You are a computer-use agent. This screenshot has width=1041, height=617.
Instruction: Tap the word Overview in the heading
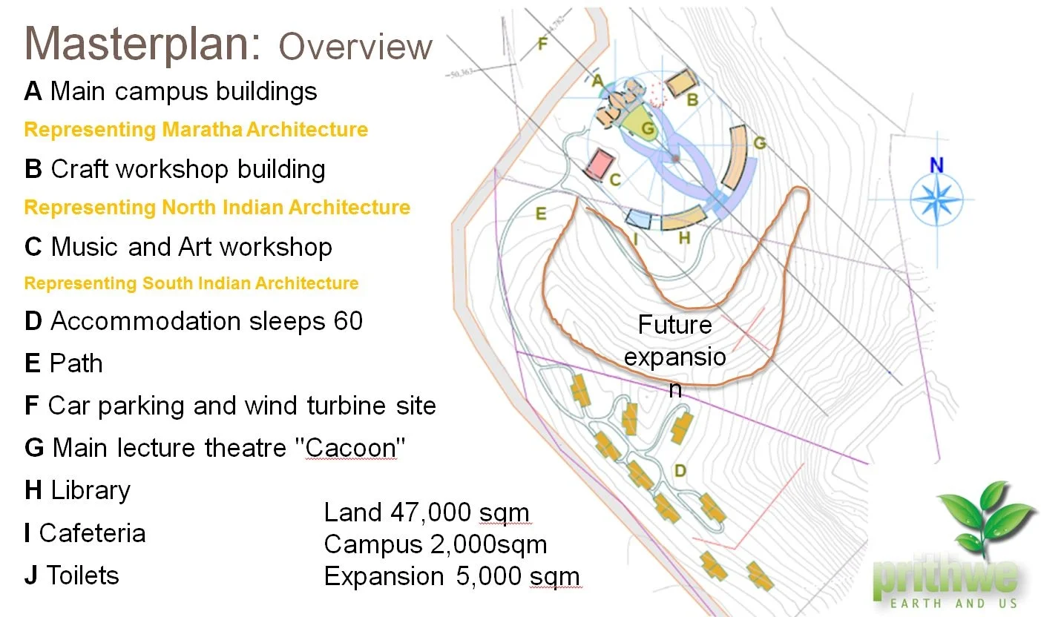(x=355, y=47)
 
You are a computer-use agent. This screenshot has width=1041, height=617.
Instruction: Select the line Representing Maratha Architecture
(x=196, y=130)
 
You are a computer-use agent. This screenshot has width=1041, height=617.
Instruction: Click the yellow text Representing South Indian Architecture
(x=191, y=283)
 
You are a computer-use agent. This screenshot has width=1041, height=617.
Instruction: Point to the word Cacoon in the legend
(x=350, y=448)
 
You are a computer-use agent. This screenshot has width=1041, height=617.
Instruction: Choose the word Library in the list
(x=91, y=490)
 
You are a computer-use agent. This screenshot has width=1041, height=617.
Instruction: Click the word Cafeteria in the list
(x=92, y=533)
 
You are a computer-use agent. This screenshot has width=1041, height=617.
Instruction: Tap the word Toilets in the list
(x=82, y=575)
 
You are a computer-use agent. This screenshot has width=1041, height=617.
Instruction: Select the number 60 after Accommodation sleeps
(x=347, y=321)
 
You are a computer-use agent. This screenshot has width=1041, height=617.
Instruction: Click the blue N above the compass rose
(x=936, y=165)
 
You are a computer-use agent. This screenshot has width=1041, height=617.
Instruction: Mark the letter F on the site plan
(x=542, y=44)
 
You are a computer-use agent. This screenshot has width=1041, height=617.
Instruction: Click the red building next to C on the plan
(x=601, y=165)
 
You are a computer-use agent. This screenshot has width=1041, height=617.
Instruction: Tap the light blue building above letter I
(x=638, y=219)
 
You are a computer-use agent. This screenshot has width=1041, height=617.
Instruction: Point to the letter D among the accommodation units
(x=679, y=470)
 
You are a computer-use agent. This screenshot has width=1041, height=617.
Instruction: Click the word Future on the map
(x=674, y=325)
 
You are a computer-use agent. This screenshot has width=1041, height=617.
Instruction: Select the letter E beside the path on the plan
(x=541, y=214)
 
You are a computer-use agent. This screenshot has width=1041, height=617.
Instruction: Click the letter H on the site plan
(x=684, y=237)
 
